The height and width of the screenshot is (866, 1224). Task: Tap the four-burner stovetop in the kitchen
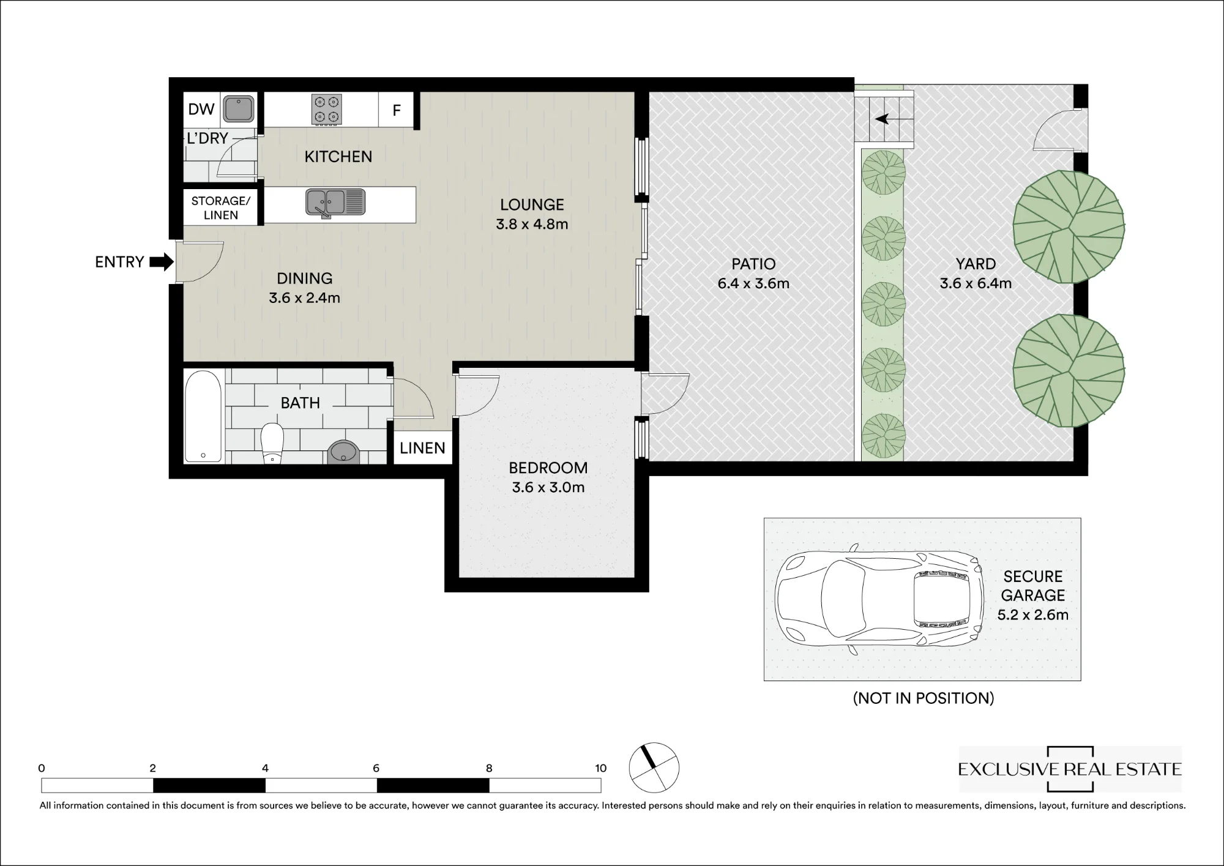pos(326,110)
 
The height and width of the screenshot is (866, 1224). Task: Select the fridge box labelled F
pos(397,110)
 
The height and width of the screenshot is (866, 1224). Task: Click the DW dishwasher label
pos(201,110)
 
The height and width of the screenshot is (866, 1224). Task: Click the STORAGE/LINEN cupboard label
pos(221,208)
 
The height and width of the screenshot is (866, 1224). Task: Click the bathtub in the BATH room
pos(203,416)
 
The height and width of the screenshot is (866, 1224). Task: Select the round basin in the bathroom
pos(343,452)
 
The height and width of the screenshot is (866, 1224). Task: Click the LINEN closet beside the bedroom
pos(422,448)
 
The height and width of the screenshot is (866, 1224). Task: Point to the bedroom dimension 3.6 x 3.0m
pos(548,488)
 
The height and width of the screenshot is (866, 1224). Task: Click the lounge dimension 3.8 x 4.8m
pos(532,224)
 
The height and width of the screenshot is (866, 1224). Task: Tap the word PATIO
pos(753,264)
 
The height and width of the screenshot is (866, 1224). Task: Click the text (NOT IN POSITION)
pos(924,698)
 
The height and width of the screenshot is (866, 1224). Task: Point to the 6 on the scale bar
pos(376,768)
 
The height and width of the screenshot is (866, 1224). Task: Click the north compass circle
pos(654,767)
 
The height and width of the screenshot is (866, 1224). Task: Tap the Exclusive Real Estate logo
pos(1070,769)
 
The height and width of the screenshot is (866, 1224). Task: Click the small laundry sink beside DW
pos(238,109)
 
